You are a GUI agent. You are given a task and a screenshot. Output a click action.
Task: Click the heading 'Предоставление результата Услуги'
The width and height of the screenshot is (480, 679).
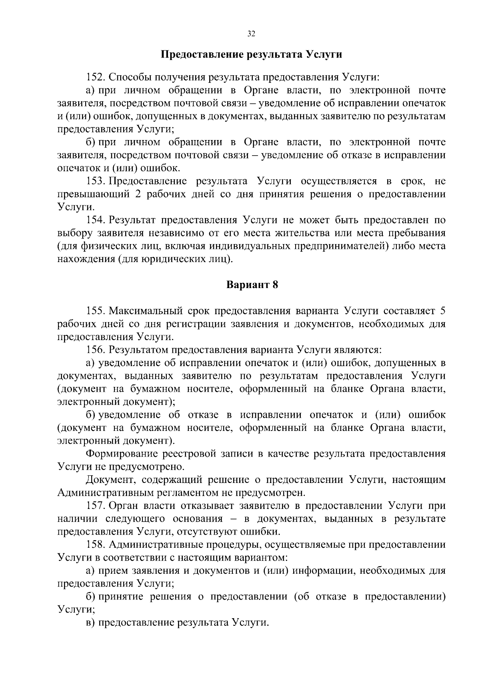251,54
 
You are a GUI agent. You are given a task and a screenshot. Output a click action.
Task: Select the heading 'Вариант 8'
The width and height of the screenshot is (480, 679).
252,285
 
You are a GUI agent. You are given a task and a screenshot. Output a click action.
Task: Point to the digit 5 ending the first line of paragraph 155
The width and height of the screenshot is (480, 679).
442,311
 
